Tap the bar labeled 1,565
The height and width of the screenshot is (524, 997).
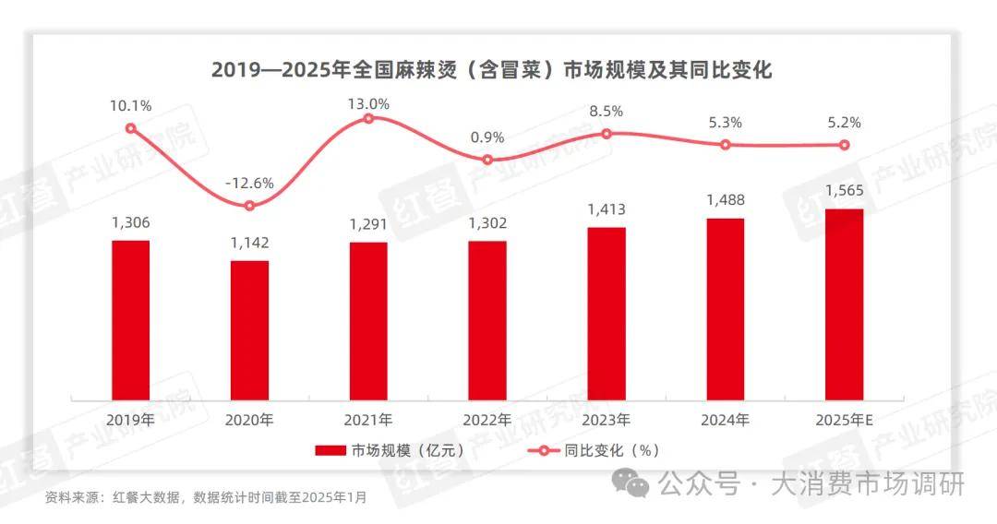pyautogui.click(x=844, y=304)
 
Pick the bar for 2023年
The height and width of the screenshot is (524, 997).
pyautogui.click(x=607, y=313)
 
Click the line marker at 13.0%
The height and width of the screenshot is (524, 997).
pyautogui.click(x=368, y=118)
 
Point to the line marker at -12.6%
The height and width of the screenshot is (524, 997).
pyautogui.click(x=249, y=206)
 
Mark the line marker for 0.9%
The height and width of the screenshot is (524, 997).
pyautogui.click(x=487, y=160)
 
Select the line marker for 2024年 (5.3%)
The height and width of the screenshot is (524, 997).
pyautogui.click(x=726, y=145)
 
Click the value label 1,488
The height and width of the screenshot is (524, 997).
pyautogui.click(x=726, y=200)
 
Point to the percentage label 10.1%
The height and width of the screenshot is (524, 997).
pyautogui.click(x=130, y=106)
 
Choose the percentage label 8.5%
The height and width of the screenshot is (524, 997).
pyautogui.click(x=607, y=111)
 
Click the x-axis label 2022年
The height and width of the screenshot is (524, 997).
pyautogui.click(x=487, y=420)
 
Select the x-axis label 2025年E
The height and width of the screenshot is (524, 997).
pyautogui.click(x=844, y=420)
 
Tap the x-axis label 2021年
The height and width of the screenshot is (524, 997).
pyautogui.click(x=368, y=420)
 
